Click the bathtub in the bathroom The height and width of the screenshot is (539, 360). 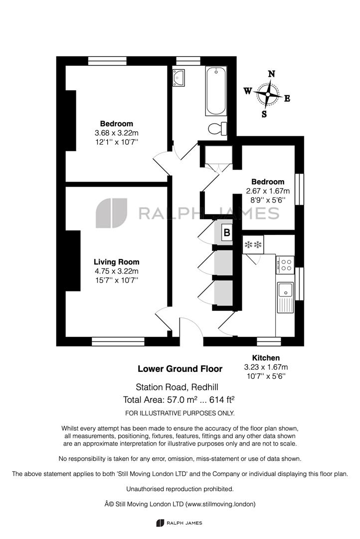pyautogui.click(x=216, y=91)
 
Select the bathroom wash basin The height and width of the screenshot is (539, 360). pyautogui.click(x=179, y=78)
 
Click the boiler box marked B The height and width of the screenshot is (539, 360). pyautogui.click(x=227, y=233)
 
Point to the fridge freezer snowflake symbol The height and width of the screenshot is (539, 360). pyautogui.click(x=253, y=245)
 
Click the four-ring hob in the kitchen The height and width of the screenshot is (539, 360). pyautogui.click(x=285, y=265)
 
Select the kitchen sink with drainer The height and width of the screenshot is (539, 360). pyautogui.click(x=285, y=297)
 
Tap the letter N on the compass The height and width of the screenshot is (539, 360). pyautogui.click(x=271, y=74)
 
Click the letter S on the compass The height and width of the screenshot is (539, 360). pyautogui.click(x=264, y=114)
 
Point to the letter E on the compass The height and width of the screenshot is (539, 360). pyautogui.click(x=287, y=99)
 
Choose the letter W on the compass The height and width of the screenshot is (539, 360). pyautogui.click(x=248, y=91)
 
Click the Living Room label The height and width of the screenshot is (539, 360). pyautogui.click(x=117, y=262)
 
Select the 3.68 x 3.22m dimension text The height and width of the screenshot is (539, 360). pyautogui.click(x=117, y=133)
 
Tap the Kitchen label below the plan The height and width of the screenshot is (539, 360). pyautogui.click(x=266, y=358)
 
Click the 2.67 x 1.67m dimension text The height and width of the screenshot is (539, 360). pyautogui.click(x=268, y=191)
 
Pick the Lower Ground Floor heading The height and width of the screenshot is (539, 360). pyautogui.click(x=180, y=369)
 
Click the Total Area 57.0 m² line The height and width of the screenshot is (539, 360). pyautogui.click(x=179, y=400)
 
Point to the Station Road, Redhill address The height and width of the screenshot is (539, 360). pyautogui.click(x=177, y=387)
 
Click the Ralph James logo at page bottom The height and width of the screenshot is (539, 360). pyautogui.click(x=179, y=523)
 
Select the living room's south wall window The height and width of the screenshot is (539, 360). pyautogui.click(x=118, y=341)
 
